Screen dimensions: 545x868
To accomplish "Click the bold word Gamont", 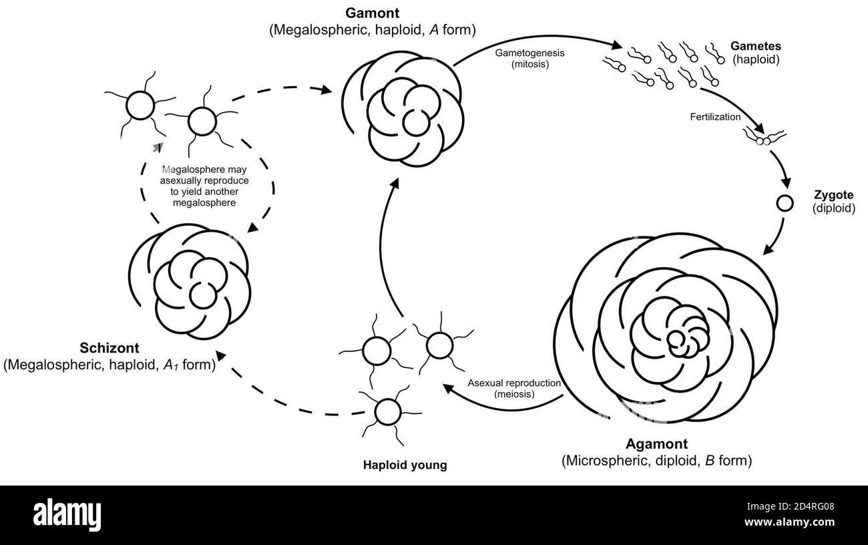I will point(373,13).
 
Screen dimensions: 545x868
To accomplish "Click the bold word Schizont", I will point(109,349).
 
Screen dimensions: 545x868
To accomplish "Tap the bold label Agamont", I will point(656,443).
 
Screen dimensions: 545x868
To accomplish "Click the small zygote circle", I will point(784,202).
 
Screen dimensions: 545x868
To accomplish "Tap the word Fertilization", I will point(715,117).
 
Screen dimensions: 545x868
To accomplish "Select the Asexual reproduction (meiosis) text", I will point(513,388).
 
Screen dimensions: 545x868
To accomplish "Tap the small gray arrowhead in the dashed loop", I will point(157,145).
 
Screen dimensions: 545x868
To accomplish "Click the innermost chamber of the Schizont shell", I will point(201,295).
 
